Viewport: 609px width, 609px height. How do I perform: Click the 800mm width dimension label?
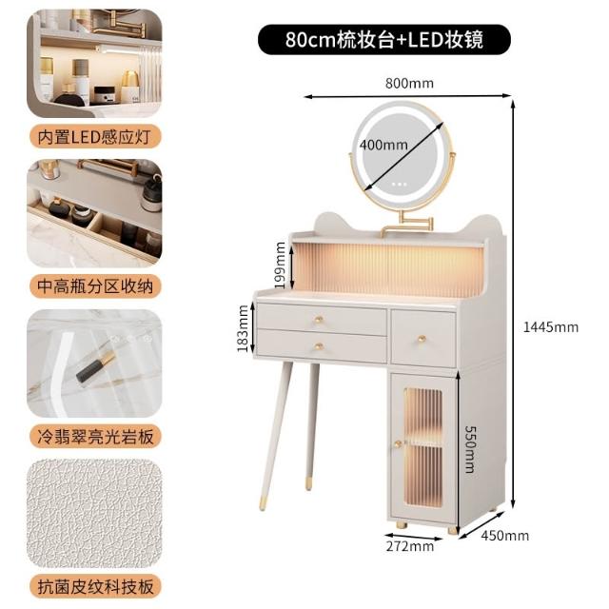click(409, 84)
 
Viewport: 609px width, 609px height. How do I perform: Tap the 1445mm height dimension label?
click(551, 327)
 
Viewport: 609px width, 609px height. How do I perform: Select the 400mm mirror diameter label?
click(383, 145)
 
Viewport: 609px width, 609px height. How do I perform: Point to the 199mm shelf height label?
click(281, 265)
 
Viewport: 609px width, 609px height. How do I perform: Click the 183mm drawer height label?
click(243, 328)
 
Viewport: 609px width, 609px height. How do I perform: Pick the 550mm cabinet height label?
click(470, 449)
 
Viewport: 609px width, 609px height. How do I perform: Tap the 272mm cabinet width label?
click(410, 546)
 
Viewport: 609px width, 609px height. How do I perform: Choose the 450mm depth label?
click(505, 536)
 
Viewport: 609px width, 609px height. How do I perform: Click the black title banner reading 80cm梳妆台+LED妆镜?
click(384, 40)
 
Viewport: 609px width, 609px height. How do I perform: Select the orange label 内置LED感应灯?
click(95, 137)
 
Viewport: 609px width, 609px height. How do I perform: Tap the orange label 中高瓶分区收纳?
click(95, 286)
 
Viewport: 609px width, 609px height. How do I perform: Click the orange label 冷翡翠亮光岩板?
click(95, 437)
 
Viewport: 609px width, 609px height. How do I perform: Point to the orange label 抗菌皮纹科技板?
click(95, 586)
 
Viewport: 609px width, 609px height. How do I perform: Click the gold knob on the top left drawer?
click(319, 320)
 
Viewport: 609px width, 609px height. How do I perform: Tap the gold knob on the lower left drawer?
click(319, 346)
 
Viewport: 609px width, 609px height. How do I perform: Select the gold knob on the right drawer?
click(422, 339)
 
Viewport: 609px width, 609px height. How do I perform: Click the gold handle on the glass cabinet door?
click(398, 444)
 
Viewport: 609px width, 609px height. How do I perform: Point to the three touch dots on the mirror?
click(400, 184)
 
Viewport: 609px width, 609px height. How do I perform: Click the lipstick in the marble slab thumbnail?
click(95, 365)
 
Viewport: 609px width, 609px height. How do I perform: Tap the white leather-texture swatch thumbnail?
click(94, 513)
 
